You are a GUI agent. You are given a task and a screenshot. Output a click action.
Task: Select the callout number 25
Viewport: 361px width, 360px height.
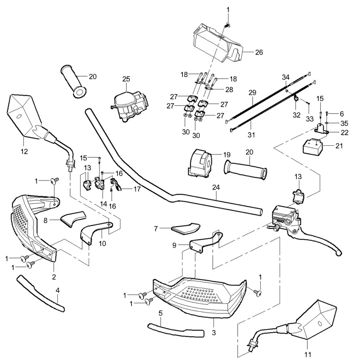point(126,79)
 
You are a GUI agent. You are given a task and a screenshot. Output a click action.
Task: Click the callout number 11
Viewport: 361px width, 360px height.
point(308,354)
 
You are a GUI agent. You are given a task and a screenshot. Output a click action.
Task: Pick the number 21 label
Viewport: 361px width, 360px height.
point(339,146)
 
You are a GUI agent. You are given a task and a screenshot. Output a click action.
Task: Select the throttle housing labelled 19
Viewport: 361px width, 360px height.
point(199,162)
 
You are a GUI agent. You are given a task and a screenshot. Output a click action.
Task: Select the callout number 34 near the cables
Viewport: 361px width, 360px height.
point(286,77)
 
